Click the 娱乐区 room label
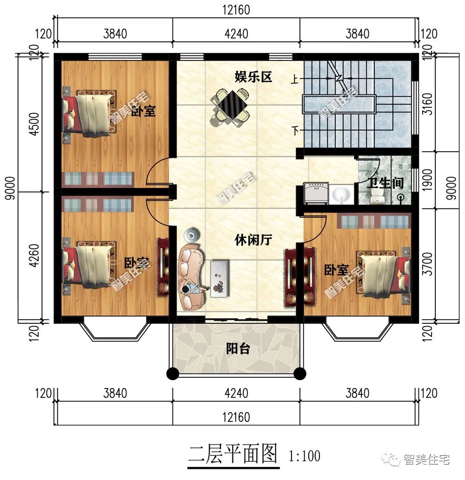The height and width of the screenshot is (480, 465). (x=253, y=77)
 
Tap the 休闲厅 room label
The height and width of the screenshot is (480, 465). (x=253, y=240)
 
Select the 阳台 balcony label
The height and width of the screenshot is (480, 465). (x=238, y=349)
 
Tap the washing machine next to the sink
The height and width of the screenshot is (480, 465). (x=316, y=193)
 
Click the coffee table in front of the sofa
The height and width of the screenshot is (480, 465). (x=219, y=278)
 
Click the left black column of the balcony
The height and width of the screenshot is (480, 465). (x=173, y=373)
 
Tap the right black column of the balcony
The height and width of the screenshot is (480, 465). (x=300, y=373)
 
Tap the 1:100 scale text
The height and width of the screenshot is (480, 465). (x=305, y=456)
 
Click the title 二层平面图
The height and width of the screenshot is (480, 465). (x=232, y=453)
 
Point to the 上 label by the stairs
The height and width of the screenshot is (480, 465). (x=295, y=80)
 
